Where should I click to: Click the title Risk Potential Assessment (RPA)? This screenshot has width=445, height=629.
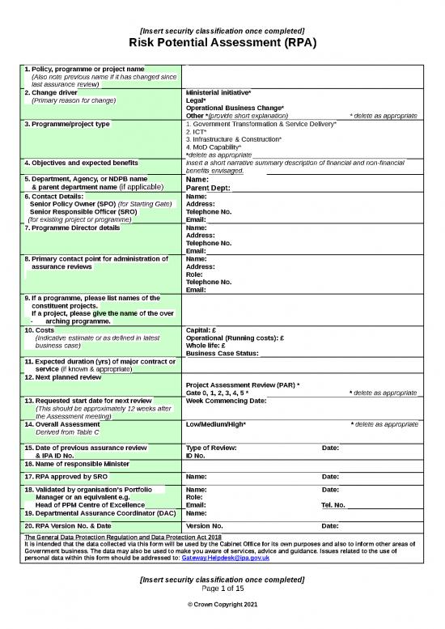click(222, 43)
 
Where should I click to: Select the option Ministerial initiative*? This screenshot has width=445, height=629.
click(218, 92)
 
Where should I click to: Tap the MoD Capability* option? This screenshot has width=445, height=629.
click(214, 147)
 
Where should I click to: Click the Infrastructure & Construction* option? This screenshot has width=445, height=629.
click(233, 139)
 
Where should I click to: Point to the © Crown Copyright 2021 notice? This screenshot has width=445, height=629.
click(222, 606)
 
